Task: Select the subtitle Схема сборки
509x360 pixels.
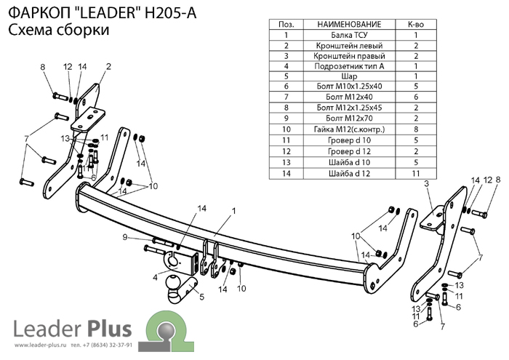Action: (60, 31)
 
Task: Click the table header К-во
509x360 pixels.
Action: (416, 24)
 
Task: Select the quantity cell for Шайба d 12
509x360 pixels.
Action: (416, 173)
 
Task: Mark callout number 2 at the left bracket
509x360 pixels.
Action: (108, 67)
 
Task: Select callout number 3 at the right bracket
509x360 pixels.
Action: (428, 185)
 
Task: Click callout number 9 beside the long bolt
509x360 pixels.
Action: (125, 237)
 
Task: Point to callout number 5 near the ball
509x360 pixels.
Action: (202, 297)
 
